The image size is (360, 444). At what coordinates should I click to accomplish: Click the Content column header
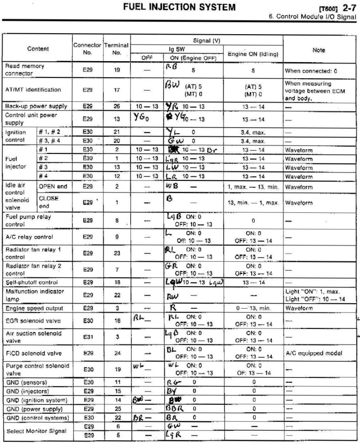pyautogui.click(x=38, y=49)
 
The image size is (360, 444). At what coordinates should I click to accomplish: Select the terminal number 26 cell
pyautogui.click(x=117, y=107)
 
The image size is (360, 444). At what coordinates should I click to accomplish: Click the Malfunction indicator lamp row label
pyautogui.click(x=35, y=295)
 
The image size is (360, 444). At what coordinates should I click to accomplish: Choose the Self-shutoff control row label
pyautogui.click(x=29, y=283)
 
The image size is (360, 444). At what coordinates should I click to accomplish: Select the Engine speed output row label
pyautogui.click(x=34, y=308)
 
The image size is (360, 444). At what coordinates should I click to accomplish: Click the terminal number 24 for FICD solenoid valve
pyautogui.click(x=117, y=353)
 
